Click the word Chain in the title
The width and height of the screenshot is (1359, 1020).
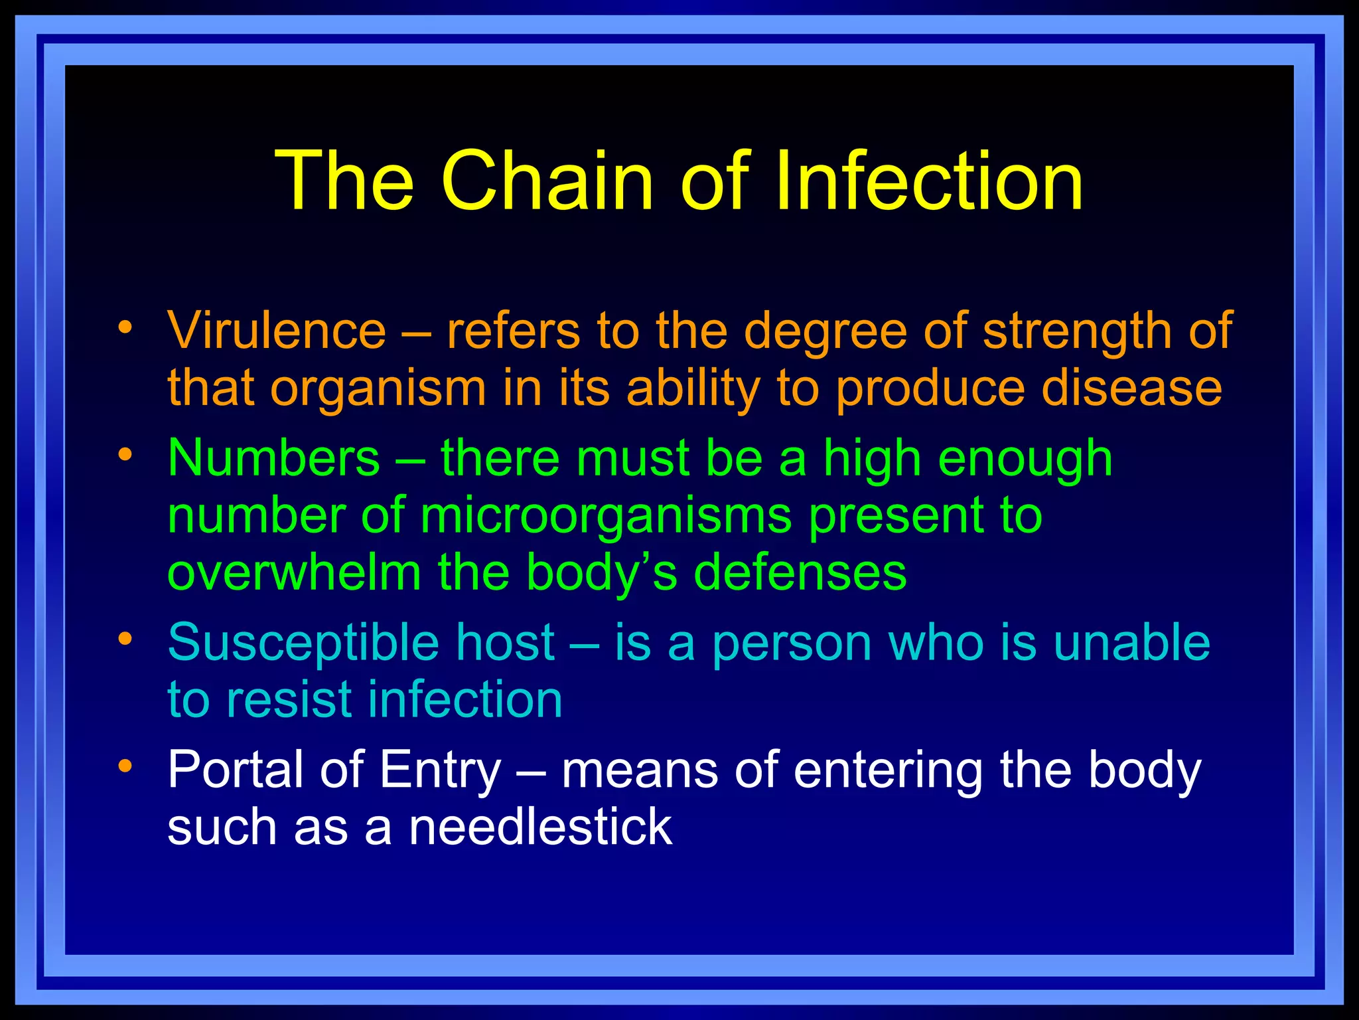[547, 181]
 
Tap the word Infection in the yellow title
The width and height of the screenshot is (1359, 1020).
[929, 181]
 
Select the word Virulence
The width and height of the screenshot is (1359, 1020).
[277, 331]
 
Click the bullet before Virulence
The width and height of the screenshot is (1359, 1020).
[125, 327]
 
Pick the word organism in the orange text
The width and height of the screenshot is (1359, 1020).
[378, 388]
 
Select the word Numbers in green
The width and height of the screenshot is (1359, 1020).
[274, 458]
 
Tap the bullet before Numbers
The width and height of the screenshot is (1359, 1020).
[125, 454]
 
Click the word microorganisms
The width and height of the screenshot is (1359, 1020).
[606, 515]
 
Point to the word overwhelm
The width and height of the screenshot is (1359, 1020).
[295, 572]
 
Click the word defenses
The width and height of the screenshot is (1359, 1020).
[800, 572]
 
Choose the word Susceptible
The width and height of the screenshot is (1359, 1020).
[303, 643]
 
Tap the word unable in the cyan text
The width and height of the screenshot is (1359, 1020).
[1131, 643]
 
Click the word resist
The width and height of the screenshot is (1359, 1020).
[289, 700]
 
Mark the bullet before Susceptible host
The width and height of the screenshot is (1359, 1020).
[125, 639]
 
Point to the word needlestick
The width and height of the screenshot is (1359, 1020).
[540, 827]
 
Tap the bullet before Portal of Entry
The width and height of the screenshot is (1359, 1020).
[125, 766]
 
